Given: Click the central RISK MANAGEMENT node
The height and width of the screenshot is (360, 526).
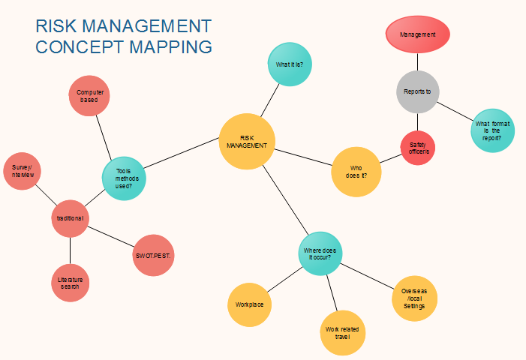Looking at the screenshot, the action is click(x=248, y=141).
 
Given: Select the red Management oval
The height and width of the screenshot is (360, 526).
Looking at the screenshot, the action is click(x=418, y=34).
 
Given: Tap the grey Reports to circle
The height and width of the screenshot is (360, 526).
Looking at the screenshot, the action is click(x=417, y=91).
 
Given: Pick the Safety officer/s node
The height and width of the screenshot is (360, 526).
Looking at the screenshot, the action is click(x=418, y=148).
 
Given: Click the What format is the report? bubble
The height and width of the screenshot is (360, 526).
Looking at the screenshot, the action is click(x=493, y=130).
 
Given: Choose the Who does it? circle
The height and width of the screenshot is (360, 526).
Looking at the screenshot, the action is click(x=356, y=172).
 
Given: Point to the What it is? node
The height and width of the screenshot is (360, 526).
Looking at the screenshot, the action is click(x=290, y=64).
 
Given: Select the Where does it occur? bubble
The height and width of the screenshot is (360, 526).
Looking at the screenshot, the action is click(x=320, y=253).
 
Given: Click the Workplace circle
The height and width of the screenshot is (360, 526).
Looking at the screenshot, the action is click(x=249, y=304).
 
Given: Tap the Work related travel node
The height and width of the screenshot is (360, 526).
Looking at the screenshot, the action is click(x=341, y=333).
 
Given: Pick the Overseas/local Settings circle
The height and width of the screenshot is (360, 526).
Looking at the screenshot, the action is click(x=414, y=298).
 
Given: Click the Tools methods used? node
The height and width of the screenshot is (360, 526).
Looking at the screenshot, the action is click(x=124, y=178).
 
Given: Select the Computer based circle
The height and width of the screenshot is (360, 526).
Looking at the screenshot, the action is click(x=89, y=96).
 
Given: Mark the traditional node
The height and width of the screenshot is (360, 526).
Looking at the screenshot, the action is click(x=70, y=218).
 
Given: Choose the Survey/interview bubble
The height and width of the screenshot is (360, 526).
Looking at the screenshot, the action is click(x=25, y=170).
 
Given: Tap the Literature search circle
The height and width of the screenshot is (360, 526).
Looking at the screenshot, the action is click(x=71, y=283).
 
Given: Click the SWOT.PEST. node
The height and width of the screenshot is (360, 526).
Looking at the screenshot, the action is click(x=153, y=255).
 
